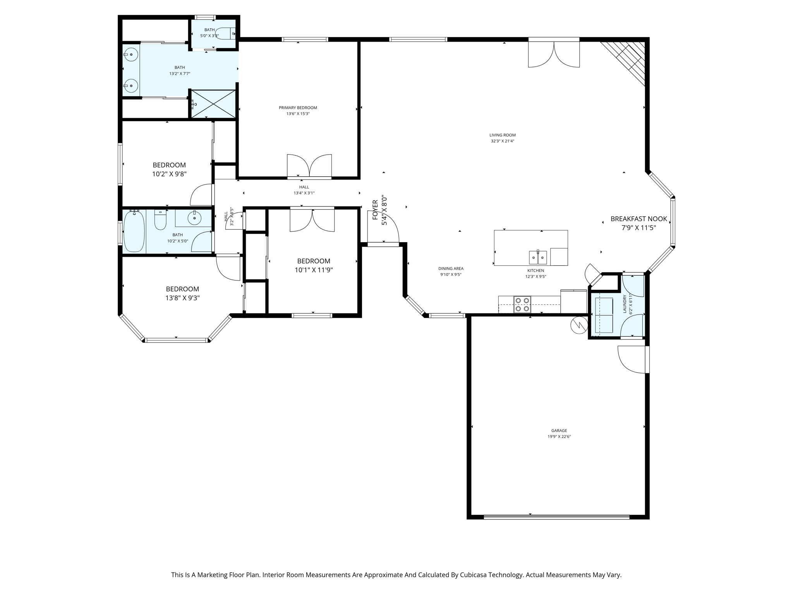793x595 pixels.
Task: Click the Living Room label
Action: click(x=502, y=135)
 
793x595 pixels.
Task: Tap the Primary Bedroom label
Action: click(x=298, y=108)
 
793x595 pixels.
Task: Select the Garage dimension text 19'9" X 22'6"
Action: click(x=559, y=437)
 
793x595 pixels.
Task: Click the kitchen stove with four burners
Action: click(x=522, y=304)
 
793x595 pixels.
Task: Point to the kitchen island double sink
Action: click(x=538, y=257)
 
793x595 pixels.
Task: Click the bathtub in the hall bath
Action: click(x=134, y=231)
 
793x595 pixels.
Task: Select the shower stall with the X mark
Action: click(x=213, y=104)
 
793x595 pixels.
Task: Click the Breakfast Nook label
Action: click(x=639, y=219)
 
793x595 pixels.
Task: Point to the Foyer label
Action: click(x=375, y=210)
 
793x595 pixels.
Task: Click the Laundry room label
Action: click(x=625, y=304)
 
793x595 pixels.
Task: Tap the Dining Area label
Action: click(x=451, y=268)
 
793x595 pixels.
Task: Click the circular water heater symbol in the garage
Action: click(x=579, y=325)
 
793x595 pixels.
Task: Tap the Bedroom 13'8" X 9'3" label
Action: click(x=182, y=289)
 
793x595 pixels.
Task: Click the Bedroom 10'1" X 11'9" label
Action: click(x=314, y=261)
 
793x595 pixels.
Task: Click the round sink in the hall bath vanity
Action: click(x=194, y=218)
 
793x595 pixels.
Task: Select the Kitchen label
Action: click(x=536, y=270)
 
